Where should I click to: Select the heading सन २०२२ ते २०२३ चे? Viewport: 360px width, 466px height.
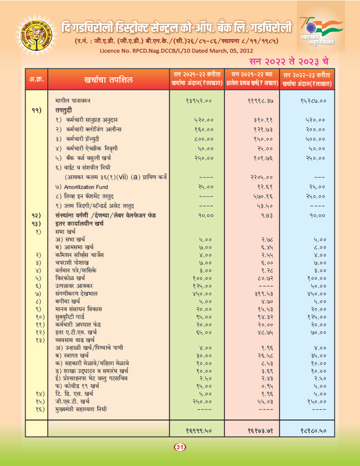[289, 61]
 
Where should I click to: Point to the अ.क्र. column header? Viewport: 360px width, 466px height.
[36, 80]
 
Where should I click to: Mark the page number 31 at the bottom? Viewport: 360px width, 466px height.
[179, 448]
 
